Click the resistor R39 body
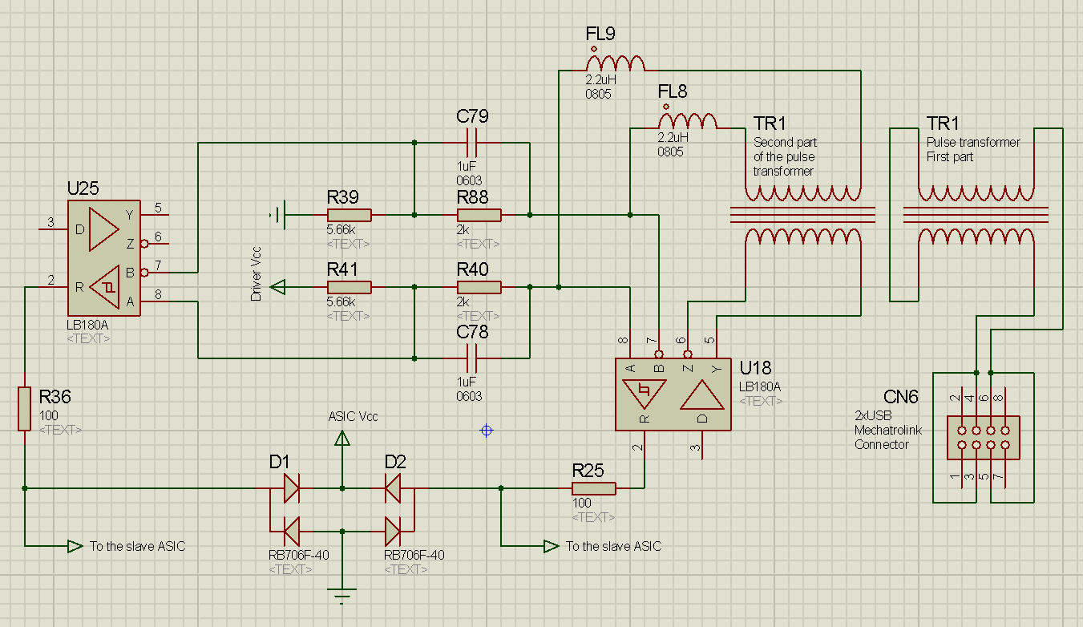[349, 215]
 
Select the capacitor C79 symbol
[471, 143]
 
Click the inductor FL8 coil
[688, 121]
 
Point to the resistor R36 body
[25, 409]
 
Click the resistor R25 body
[594, 488]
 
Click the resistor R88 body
[479, 215]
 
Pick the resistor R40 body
[479, 287]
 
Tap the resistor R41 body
[349, 287]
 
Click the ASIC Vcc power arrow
[342, 438]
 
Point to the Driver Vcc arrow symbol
[277, 287]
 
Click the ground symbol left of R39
[277, 215]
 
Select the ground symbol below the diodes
[342, 596]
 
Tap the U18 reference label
[755, 369]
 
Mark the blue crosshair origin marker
[486, 431]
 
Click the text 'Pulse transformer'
[973, 142]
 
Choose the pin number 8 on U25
[158, 294]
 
